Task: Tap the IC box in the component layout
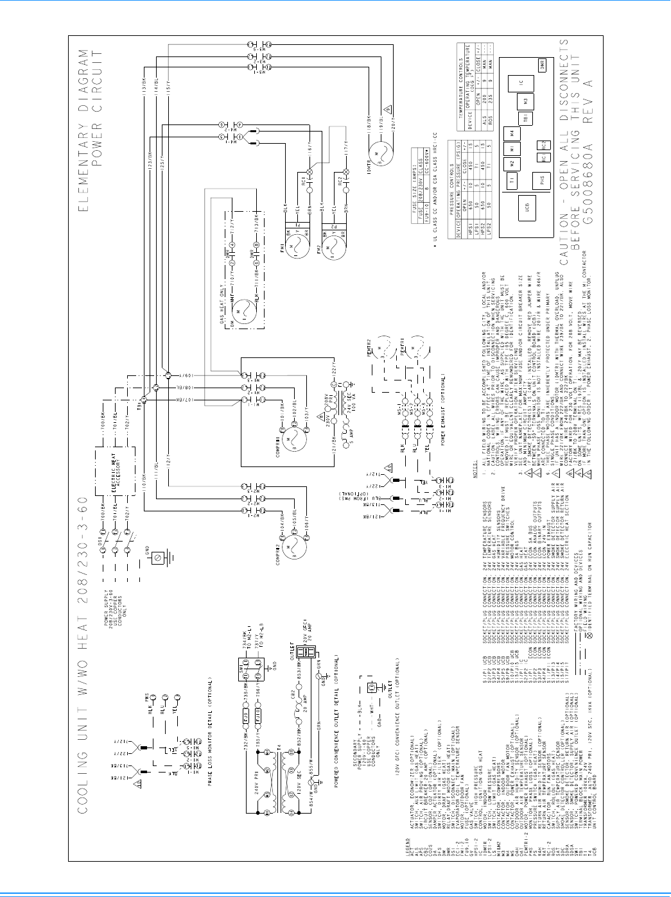(x=521, y=84)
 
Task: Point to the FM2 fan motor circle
(x=334, y=248)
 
